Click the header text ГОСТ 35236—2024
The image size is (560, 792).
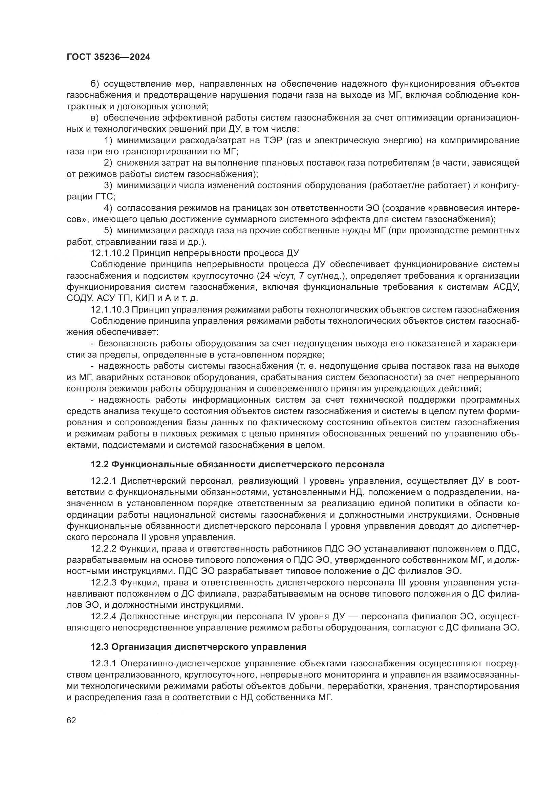tap(108, 57)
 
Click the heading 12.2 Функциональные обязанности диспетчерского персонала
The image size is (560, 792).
tap(238, 464)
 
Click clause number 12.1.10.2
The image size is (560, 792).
tap(110, 253)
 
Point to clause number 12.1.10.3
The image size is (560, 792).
tap(110, 309)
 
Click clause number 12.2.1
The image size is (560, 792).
tap(104, 481)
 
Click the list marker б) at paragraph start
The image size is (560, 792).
tap(95, 84)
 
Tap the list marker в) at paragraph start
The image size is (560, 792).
tap(95, 118)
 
